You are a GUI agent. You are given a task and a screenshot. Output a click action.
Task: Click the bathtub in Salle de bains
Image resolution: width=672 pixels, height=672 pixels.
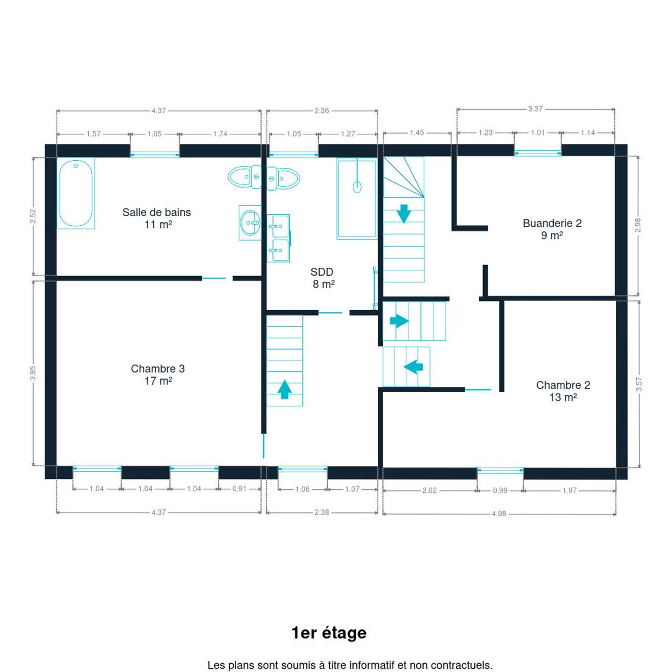click(x=76, y=193)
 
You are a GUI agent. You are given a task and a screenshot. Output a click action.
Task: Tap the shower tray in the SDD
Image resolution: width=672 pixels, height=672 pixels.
click(x=357, y=199)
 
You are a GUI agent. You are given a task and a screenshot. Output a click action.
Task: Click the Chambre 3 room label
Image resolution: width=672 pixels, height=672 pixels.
click(x=158, y=374)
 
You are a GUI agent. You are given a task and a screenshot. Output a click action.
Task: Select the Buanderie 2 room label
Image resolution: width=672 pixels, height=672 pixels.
click(x=552, y=229)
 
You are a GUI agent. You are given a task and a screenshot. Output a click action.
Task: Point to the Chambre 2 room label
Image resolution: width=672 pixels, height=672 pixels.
click(x=563, y=391)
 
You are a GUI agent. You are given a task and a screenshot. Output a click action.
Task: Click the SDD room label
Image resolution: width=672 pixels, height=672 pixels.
click(x=322, y=278)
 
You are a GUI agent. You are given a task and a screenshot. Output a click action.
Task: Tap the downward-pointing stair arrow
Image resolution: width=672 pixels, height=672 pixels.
click(x=404, y=214)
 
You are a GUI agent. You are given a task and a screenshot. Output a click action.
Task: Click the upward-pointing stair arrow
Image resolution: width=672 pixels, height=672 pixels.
click(x=285, y=389)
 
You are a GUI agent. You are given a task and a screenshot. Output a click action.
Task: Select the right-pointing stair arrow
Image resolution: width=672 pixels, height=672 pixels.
click(x=400, y=320)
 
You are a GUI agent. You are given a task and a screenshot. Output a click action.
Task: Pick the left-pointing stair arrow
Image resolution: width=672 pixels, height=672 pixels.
click(x=413, y=367)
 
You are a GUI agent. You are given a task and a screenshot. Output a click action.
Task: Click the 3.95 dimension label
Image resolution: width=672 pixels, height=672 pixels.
click(x=33, y=373)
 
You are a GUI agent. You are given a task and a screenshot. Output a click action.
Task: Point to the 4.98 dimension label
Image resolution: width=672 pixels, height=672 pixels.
click(x=499, y=513)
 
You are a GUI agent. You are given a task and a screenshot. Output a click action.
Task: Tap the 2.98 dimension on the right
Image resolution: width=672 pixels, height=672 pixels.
click(x=638, y=225)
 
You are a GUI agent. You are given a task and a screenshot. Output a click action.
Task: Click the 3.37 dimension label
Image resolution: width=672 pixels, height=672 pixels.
click(x=535, y=109)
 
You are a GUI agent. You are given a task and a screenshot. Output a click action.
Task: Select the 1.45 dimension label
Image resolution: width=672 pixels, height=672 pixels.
click(x=417, y=132)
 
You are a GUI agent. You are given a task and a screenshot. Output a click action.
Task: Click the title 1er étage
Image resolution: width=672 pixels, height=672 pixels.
click(x=329, y=633)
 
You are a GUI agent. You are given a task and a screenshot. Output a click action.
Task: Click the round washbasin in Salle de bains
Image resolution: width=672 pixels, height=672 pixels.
click(x=250, y=223)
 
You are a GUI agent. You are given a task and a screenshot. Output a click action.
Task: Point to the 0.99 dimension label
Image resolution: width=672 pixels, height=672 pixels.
click(x=500, y=490)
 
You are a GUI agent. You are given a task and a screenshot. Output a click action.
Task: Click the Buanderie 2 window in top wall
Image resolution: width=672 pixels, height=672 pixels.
click(x=538, y=153)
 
